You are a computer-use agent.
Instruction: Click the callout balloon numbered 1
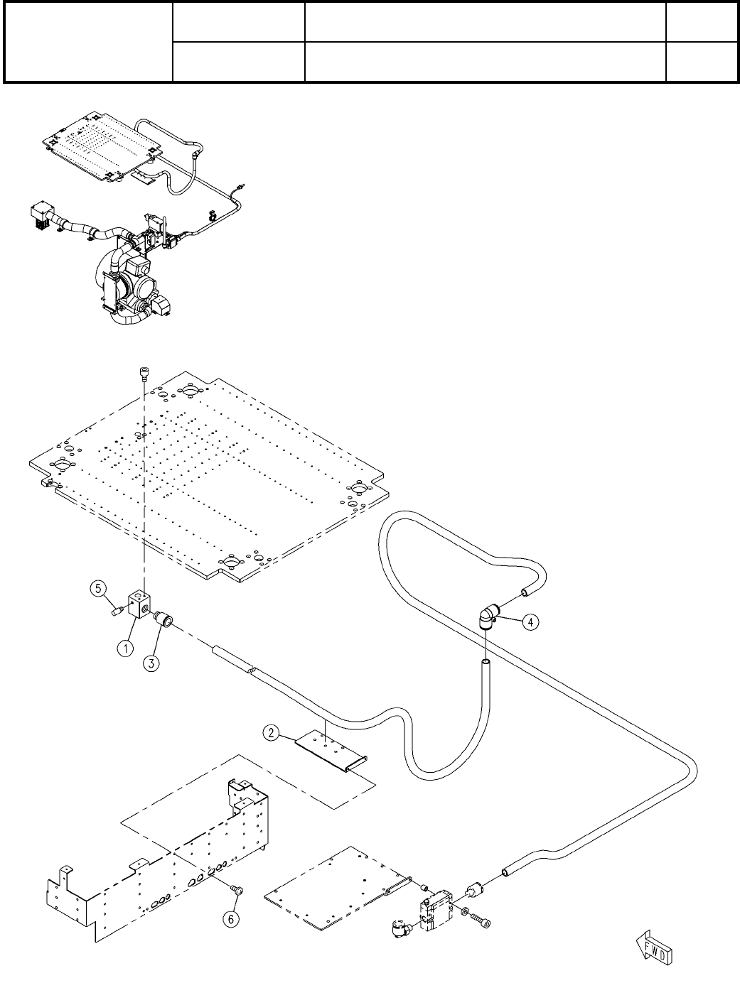(124, 648)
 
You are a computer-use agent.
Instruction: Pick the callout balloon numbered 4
(530, 621)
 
